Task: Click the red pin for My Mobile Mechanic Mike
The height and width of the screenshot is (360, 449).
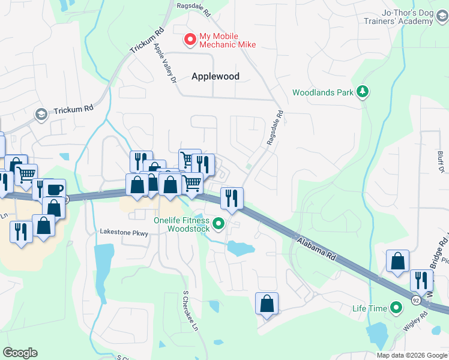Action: point(190,40)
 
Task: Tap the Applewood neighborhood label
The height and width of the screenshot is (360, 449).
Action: point(215,76)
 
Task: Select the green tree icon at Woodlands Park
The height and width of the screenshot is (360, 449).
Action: point(362,91)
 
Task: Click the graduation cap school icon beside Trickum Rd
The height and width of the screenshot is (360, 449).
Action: point(41,114)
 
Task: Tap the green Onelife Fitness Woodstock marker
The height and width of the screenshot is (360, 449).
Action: point(219,224)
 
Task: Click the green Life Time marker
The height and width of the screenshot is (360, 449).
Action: point(396,308)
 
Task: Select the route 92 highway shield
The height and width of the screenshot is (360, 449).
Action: point(415,298)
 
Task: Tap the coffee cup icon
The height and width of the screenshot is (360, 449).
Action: point(54,190)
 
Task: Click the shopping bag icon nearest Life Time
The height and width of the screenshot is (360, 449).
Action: point(397,261)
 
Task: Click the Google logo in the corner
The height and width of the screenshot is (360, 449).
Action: point(20,353)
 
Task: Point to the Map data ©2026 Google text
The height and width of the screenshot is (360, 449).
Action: point(412,355)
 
